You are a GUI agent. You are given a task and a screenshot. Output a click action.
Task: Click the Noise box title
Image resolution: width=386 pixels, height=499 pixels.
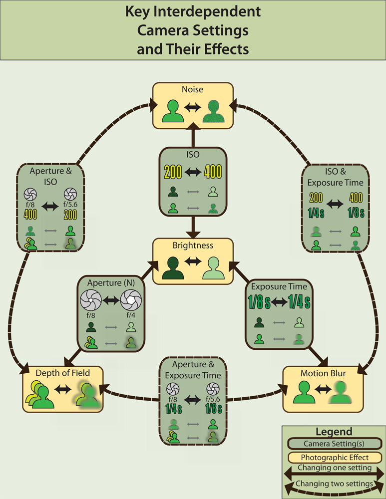[x=193, y=90]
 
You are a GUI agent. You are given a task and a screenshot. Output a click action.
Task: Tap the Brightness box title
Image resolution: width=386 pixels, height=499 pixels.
[x=193, y=246]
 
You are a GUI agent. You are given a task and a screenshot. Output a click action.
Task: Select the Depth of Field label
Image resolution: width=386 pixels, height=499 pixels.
[x=62, y=373]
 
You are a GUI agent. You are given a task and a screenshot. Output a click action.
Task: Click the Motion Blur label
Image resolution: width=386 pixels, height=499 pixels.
[x=323, y=373]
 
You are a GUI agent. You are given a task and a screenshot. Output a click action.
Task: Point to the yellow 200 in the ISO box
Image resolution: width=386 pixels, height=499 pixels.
[x=173, y=172]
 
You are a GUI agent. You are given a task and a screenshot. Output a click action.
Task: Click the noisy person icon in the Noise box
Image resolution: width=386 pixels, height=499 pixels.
[x=215, y=111]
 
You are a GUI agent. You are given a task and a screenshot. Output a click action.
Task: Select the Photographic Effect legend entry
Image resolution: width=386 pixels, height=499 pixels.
[x=334, y=458]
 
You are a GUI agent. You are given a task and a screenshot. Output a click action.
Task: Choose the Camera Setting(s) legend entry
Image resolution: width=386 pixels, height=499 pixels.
[x=334, y=444]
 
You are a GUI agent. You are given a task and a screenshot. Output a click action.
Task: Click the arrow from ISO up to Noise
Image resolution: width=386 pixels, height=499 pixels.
[x=193, y=136]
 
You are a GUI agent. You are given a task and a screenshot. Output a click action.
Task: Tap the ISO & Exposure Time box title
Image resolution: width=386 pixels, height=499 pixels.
[x=336, y=178]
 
